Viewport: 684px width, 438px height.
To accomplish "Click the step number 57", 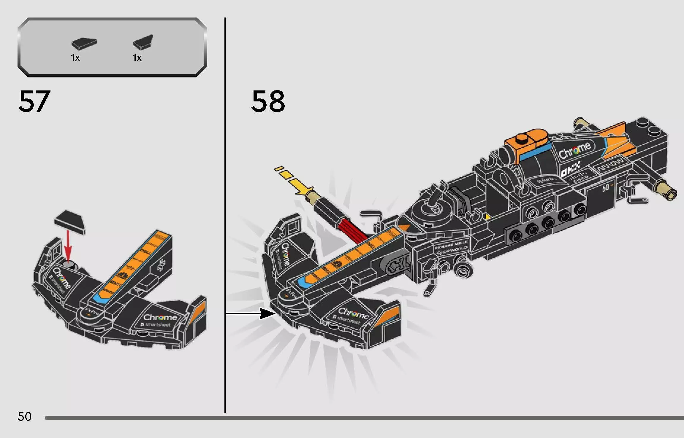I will tap(34, 102).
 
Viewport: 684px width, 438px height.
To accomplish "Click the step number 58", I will tap(268, 102).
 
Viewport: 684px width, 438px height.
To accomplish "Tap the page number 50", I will tap(24, 417).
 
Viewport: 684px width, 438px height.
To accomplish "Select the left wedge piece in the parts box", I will tap(84, 44).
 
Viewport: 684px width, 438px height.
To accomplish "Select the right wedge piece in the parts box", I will tap(143, 42).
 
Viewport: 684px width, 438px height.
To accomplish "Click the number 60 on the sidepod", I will tap(606, 187).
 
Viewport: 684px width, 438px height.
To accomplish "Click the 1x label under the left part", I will tap(75, 58).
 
